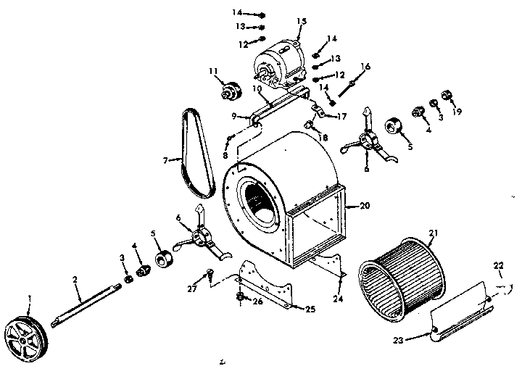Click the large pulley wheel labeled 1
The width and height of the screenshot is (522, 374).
25,335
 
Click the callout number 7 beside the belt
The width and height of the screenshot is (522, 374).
166,159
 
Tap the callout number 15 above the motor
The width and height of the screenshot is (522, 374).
302,21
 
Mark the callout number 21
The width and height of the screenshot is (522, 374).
433,232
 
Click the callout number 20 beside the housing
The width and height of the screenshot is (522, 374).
364,205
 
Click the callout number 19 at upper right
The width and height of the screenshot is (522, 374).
457,112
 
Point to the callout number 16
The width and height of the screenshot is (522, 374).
365,67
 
